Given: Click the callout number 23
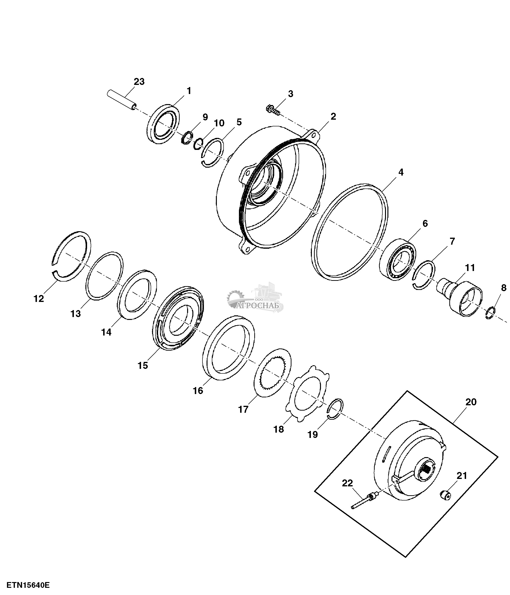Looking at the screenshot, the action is coord(139,82).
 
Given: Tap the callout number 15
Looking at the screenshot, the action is coord(143,365).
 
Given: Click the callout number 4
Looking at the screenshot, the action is coord(401,173).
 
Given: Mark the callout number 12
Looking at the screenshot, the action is coord(39,299).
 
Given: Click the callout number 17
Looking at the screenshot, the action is coord(243,409).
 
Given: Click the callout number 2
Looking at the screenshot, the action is coord(333,116).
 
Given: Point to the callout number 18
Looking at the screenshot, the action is coord(279,429).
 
